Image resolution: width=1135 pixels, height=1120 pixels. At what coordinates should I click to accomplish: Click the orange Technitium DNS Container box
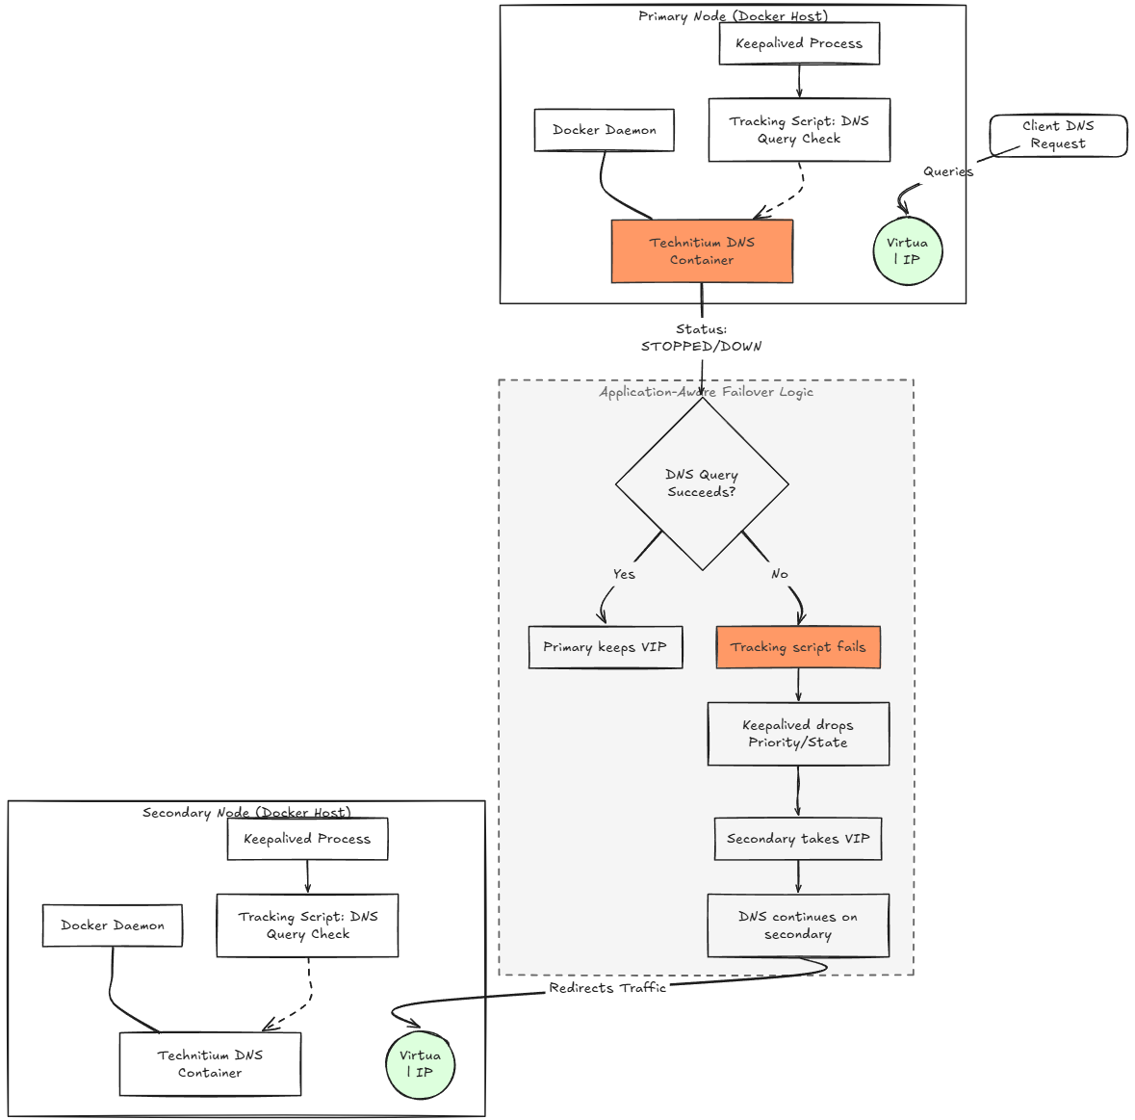pyautogui.click(x=702, y=251)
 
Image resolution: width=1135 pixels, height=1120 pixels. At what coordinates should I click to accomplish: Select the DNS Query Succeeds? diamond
pyautogui.click(x=702, y=483)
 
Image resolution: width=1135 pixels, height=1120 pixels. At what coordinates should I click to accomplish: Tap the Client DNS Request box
pyautogui.click(x=1058, y=136)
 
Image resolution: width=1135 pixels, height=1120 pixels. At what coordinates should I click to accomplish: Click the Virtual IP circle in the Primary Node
pyautogui.click(x=908, y=251)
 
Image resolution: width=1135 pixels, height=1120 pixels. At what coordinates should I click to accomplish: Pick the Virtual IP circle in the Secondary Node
pyautogui.click(x=421, y=1064)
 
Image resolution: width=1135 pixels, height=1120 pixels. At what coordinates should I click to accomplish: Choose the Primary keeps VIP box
pyautogui.click(x=606, y=647)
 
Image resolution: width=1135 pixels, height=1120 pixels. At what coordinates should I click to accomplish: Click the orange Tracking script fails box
pyautogui.click(x=798, y=647)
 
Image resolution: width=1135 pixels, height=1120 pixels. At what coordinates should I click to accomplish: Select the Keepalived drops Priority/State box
pyautogui.click(x=798, y=734)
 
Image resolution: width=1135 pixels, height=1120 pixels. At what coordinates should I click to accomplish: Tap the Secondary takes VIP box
pyautogui.click(x=798, y=839)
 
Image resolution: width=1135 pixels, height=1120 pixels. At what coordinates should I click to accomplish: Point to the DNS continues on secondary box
pyautogui.click(x=798, y=925)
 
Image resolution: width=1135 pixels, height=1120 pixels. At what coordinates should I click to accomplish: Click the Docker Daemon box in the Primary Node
pyautogui.click(x=605, y=130)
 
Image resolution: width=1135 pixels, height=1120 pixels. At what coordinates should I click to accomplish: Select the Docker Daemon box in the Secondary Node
pyautogui.click(x=113, y=925)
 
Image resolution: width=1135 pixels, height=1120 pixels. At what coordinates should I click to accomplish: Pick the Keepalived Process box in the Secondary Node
pyautogui.click(x=308, y=839)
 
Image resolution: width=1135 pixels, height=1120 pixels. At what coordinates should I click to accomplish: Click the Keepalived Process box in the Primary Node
pyautogui.click(x=799, y=43)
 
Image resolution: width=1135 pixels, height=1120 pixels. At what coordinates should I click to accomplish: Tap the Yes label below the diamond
pyautogui.click(x=624, y=574)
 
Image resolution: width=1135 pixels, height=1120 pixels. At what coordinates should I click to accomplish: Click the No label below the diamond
pyautogui.click(x=780, y=574)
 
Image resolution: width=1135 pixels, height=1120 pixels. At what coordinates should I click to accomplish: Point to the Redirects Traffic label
pyautogui.click(x=607, y=988)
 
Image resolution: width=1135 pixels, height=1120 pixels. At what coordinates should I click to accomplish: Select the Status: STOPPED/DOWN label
pyautogui.click(x=702, y=338)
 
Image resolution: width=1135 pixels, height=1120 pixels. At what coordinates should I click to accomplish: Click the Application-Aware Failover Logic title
pyautogui.click(x=707, y=392)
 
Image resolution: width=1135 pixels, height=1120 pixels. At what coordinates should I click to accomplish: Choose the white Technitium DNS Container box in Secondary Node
pyautogui.click(x=211, y=1064)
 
